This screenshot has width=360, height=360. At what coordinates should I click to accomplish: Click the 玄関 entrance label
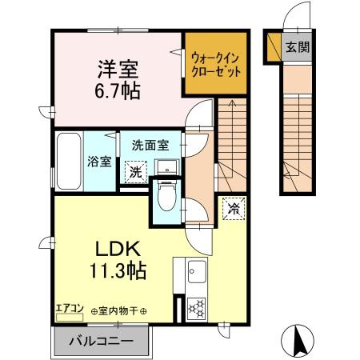click(x=298, y=47)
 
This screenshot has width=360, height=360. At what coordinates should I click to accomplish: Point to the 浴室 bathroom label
click(x=97, y=160)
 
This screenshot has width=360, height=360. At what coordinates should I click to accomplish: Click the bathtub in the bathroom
click(x=69, y=160)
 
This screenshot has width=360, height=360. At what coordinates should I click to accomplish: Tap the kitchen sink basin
click(x=195, y=276)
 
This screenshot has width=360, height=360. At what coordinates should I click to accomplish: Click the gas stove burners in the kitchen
click(x=195, y=307)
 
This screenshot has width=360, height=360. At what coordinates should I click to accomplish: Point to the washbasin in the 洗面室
click(x=167, y=166)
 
